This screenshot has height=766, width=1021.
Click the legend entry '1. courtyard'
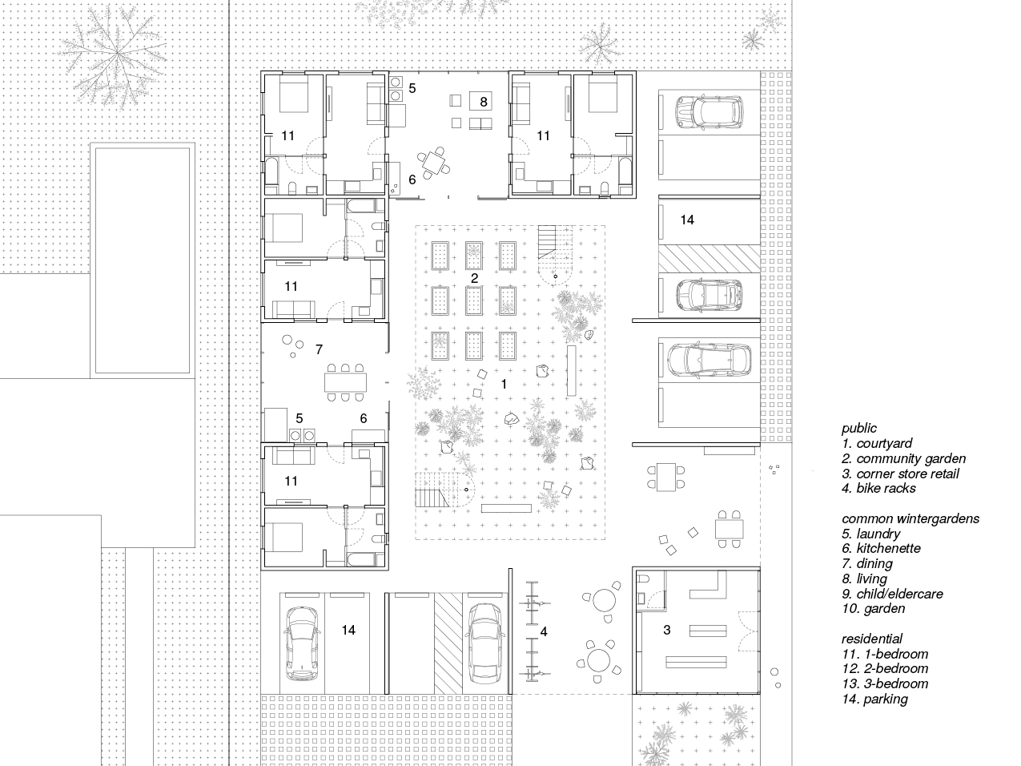click(x=876, y=443)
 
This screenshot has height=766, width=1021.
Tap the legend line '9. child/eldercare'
click(x=892, y=594)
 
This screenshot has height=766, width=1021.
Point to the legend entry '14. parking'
click(x=874, y=699)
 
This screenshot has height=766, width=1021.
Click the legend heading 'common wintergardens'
click(x=910, y=518)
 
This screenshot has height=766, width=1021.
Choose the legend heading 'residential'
click(x=871, y=639)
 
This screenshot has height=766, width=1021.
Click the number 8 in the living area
click(x=484, y=101)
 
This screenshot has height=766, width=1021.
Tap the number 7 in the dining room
click(x=319, y=349)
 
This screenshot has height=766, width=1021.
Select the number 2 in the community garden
click(x=474, y=279)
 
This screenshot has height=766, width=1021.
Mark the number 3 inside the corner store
click(x=666, y=631)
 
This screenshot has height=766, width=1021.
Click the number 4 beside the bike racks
click(x=544, y=632)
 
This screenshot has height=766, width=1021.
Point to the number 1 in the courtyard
click(x=504, y=385)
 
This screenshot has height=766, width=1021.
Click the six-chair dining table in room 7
click(x=344, y=382)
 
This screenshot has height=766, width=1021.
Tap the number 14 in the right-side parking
click(x=687, y=220)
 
